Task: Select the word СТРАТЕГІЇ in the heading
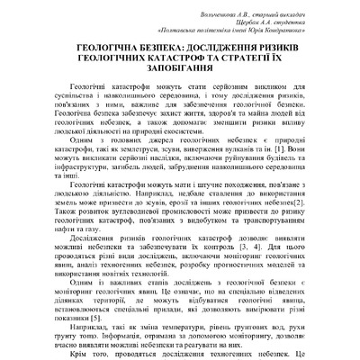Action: coord(258,65)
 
